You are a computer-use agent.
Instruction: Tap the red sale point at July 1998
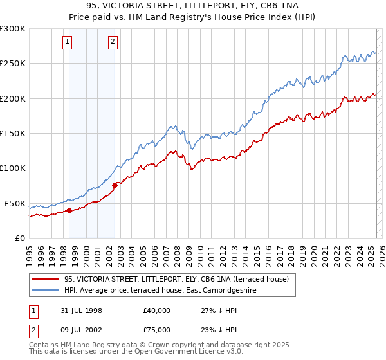[69, 210]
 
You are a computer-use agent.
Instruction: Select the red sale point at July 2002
[115, 186]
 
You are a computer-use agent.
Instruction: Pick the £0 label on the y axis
[19, 238]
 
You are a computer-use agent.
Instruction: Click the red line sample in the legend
[45, 279]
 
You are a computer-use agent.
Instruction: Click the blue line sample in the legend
[45, 290]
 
